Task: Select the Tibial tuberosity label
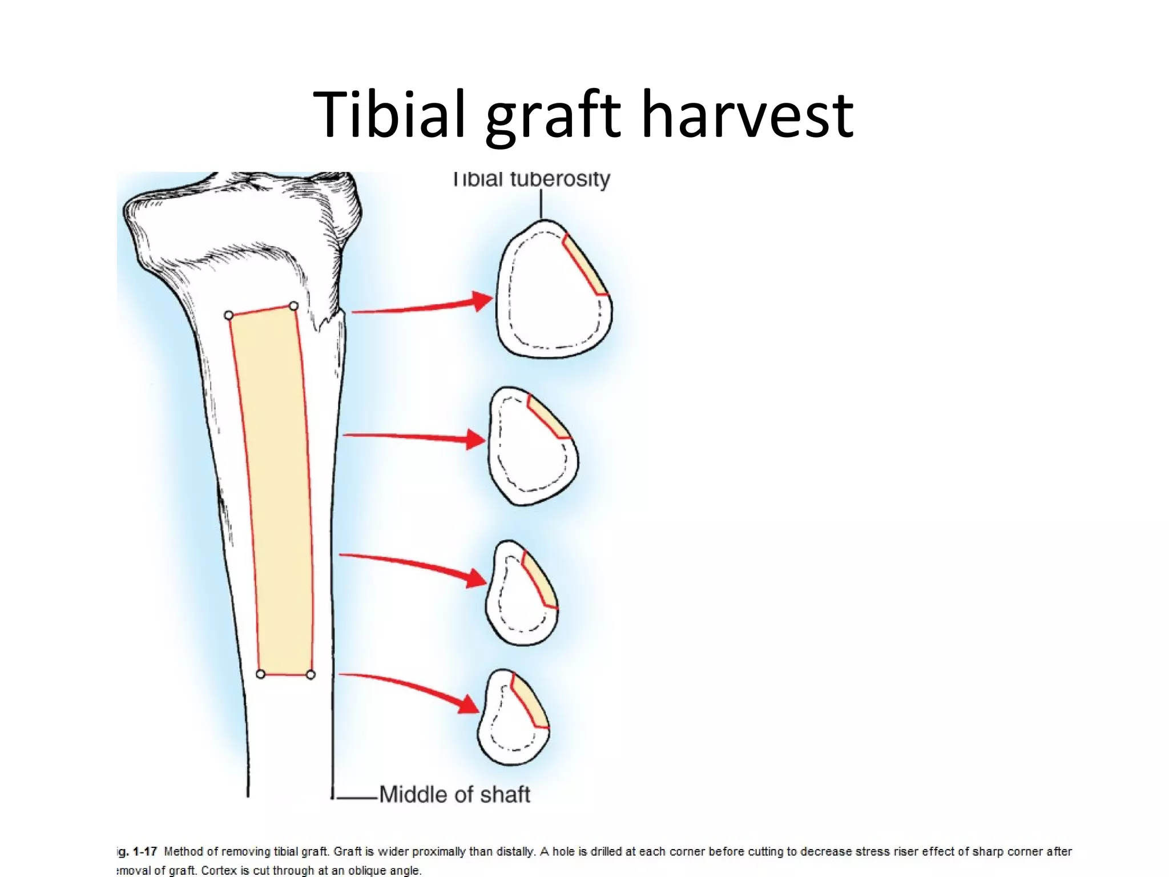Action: (x=532, y=179)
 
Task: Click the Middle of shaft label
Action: (x=454, y=794)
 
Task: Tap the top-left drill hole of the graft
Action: (x=229, y=315)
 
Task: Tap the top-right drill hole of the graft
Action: (x=293, y=306)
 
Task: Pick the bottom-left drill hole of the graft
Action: (x=260, y=674)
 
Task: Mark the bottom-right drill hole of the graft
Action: (x=311, y=675)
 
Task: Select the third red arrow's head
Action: (x=476, y=578)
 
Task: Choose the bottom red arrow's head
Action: (x=469, y=705)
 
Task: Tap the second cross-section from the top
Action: (x=532, y=446)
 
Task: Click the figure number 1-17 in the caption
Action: (x=144, y=852)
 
